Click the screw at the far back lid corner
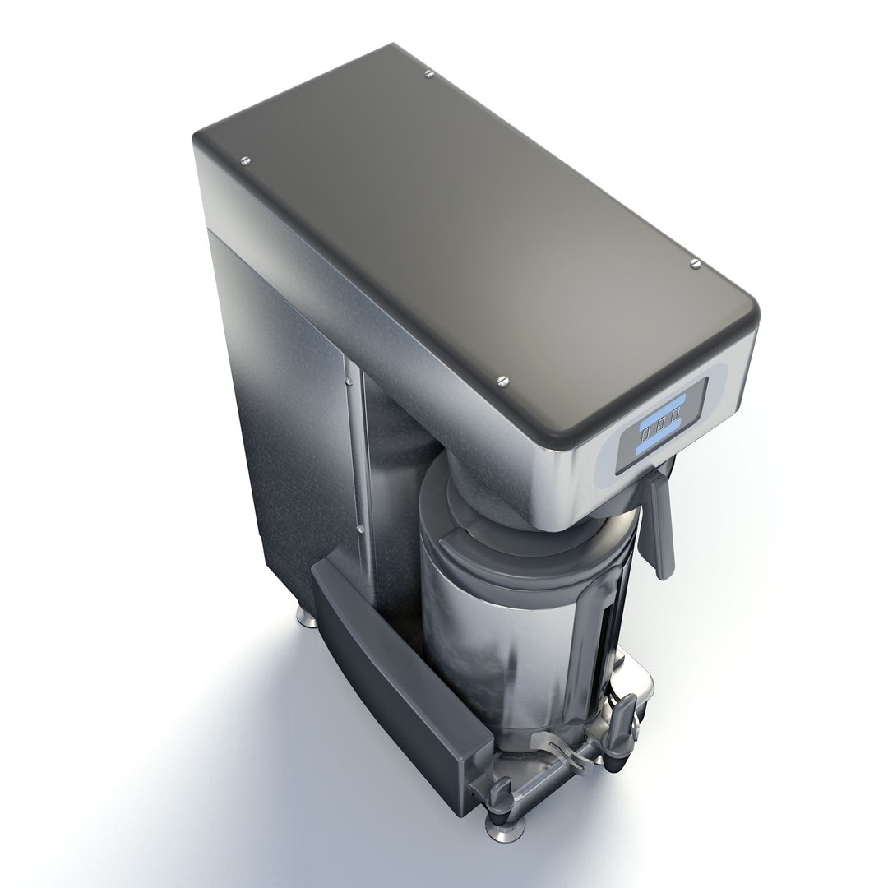tap(429, 74)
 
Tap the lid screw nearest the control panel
tap(503, 380)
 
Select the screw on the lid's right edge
tap(696, 263)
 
